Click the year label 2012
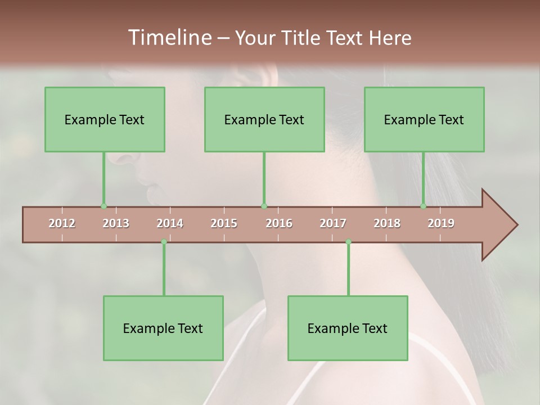tap(62, 224)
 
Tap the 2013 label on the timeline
tap(116, 224)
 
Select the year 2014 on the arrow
tap(170, 224)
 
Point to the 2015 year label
tap(224, 224)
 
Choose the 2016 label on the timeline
tap(279, 224)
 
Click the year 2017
tap(333, 224)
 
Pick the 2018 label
tap(387, 224)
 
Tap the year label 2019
tap(441, 224)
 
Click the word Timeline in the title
tap(169, 38)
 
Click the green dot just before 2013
tap(103, 206)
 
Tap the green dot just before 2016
tap(264, 206)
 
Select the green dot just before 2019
tap(424, 206)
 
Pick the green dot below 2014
tap(164, 242)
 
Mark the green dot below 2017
tap(348, 242)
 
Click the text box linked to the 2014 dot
tap(163, 328)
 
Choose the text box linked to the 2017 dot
tap(348, 328)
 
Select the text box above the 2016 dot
tap(264, 119)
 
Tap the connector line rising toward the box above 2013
tap(103, 179)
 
